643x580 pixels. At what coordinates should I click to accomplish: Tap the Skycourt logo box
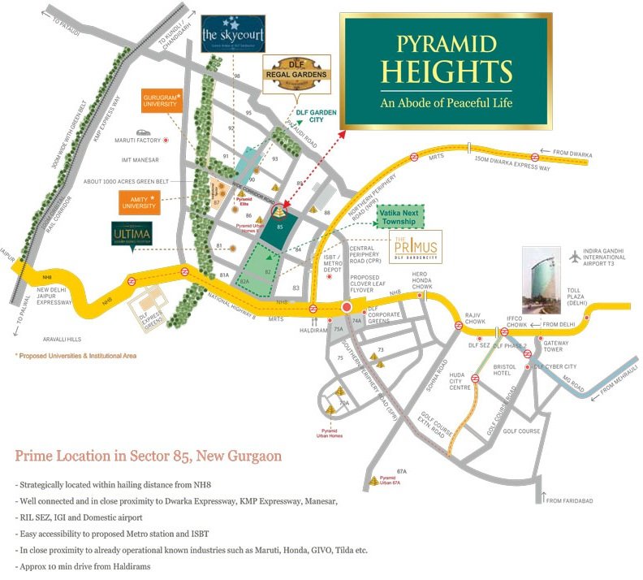(x=233, y=33)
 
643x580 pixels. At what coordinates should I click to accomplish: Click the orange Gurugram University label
(x=161, y=102)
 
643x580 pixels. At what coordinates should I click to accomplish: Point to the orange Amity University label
(x=139, y=200)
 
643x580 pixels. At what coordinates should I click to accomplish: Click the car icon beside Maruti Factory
(x=143, y=131)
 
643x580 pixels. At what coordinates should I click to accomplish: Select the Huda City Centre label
(x=460, y=381)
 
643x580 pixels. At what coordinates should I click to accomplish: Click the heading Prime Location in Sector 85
(x=149, y=456)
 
